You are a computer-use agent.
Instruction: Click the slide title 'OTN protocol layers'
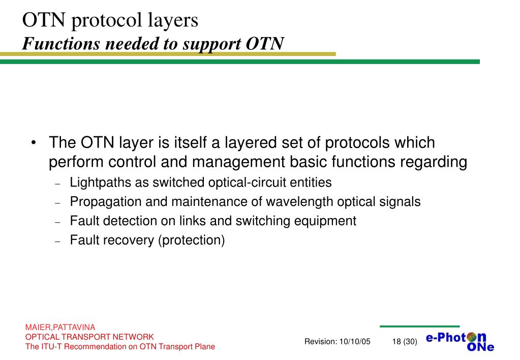(x=110, y=20)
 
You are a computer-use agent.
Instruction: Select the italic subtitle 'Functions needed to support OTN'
(x=153, y=44)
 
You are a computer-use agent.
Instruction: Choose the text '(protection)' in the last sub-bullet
(x=191, y=240)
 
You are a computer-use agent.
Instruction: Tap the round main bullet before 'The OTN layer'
(x=33, y=143)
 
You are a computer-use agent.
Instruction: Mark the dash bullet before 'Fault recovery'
(x=57, y=242)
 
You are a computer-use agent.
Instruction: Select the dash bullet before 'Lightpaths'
(x=57, y=184)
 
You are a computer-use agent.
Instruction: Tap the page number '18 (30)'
(x=405, y=341)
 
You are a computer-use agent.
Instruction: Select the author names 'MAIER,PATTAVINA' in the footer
(x=60, y=327)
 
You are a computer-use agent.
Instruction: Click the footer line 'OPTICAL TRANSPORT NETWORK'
(x=89, y=337)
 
